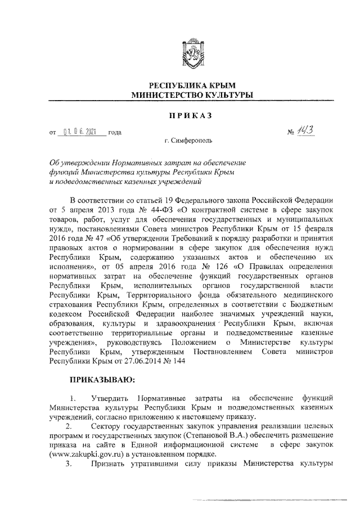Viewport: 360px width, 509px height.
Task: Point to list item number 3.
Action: pyautogui.click(x=68, y=465)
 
